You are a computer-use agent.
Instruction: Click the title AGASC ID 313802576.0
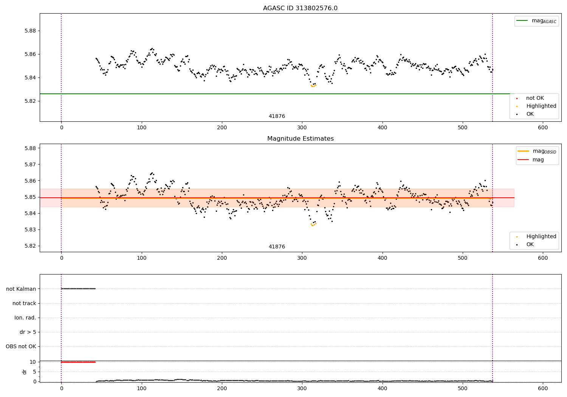click(x=300, y=8)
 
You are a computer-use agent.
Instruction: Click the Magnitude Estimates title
click(x=300, y=139)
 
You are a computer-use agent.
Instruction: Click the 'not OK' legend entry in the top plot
click(x=534, y=98)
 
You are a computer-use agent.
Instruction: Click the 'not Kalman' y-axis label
click(x=21, y=289)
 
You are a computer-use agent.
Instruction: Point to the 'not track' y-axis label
click(x=24, y=303)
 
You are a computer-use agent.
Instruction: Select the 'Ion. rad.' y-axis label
click(x=25, y=318)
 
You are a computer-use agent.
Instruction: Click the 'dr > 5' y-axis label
click(x=28, y=332)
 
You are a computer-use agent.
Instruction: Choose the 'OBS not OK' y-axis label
click(x=21, y=346)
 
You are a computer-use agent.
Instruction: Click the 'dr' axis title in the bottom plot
click(x=25, y=372)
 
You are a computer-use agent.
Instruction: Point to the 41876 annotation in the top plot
click(x=277, y=116)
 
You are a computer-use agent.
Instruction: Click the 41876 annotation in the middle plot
click(x=277, y=247)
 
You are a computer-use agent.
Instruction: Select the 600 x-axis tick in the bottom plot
click(x=543, y=388)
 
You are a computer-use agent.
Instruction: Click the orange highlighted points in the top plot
click(x=313, y=86)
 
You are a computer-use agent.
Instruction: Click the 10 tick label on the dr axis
click(x=33, y=362)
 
